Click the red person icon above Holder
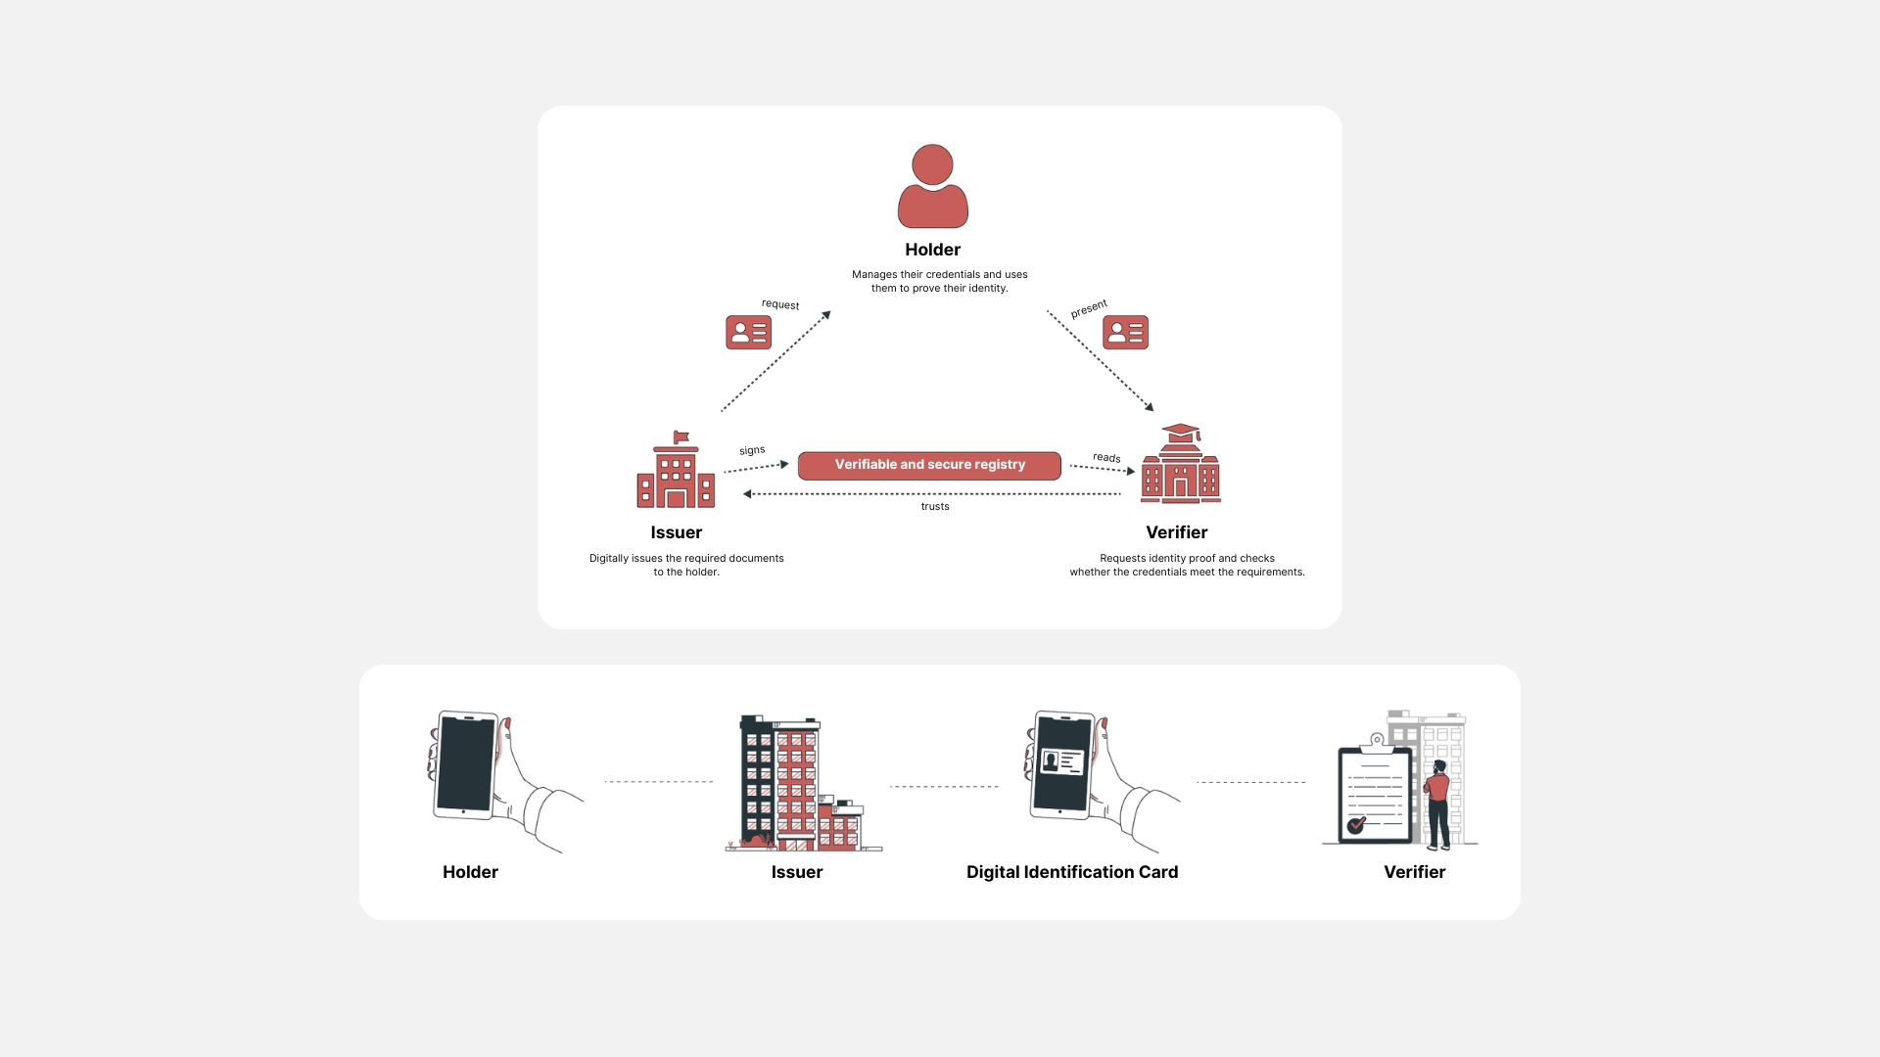[x=932, y=187]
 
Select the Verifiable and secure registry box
[x=929, y=465]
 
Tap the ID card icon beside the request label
[x=748, y=333]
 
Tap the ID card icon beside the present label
[x=1125, y=333]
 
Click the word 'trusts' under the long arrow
[x=935, y=507]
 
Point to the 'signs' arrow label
[x=752, y=450]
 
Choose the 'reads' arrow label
[x=1106, y=458]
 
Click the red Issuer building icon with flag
[x=676, y=473]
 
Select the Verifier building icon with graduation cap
[x=1181, y=466]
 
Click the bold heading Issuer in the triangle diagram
[x=677, y=532]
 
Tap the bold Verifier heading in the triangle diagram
[x=1177, y=532]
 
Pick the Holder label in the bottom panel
[x=470, y=872]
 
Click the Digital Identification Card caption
[x=1072, y=872]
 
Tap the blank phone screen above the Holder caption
[x=466, y=763]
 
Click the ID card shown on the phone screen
[x=1062, y=761]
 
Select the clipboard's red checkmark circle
[x=1356, y=826]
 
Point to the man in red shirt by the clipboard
[x=1437, y=803]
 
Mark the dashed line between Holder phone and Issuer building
[x=658, y=782]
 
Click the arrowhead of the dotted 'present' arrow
[x=1150, y=407]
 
